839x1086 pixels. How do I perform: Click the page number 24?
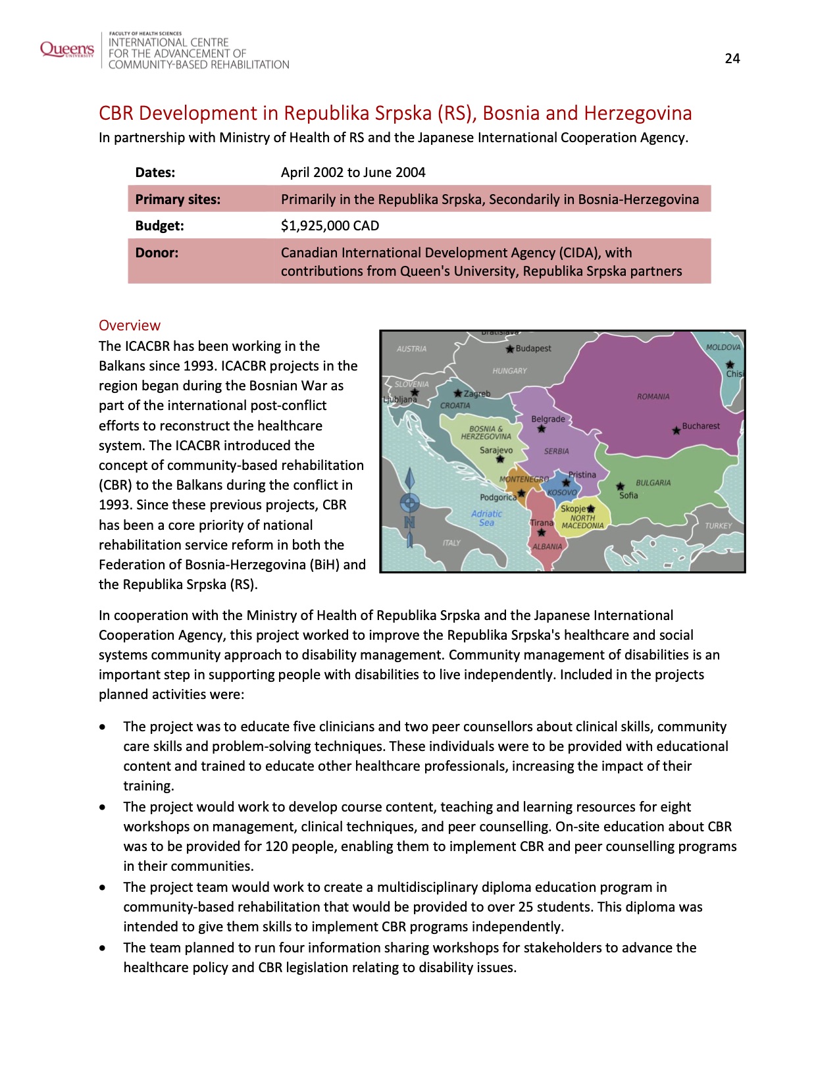pyautogui.click(x=732, y=59)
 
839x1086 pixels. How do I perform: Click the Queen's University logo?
pyautogui.click(x=66, y=49)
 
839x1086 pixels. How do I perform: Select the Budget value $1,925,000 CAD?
pyautogui.click(x=330, y=226)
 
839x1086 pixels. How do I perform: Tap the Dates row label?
pyautogui.click(x=155, y=172)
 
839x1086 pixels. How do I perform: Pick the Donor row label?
pyautogui.click(x=157, y=253)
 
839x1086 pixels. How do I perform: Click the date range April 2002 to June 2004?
pyautogui.click(x=353, y=172)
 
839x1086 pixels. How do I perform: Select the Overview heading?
pyautogui.click(x=130, y=325)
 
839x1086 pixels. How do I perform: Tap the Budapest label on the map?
pyautogui.click(x=533, y=348)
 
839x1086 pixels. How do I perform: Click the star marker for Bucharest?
pyautogui.click(x=676, y=430)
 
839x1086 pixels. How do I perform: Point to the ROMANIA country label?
pyautogui.click(x=653, y=396)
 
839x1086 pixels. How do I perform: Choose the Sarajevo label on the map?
pyautogui.click(x=496, y=450)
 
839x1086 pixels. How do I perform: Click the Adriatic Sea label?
pyautogui.click(x=486, y=518)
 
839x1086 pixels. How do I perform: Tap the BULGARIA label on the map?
pyautogui.click(x=653, y=482)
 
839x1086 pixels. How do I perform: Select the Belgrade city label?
pyautogui.click(x=547, y=419)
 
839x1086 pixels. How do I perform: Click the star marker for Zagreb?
pyautogui.click(x=457, y=393)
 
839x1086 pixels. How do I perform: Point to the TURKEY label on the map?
pyautogui.click(x=718, y=526)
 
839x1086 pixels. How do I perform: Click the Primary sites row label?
pyautogui.click(x=178, y=199)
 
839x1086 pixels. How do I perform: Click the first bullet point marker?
pyautogui.click(x=102, y=727)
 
